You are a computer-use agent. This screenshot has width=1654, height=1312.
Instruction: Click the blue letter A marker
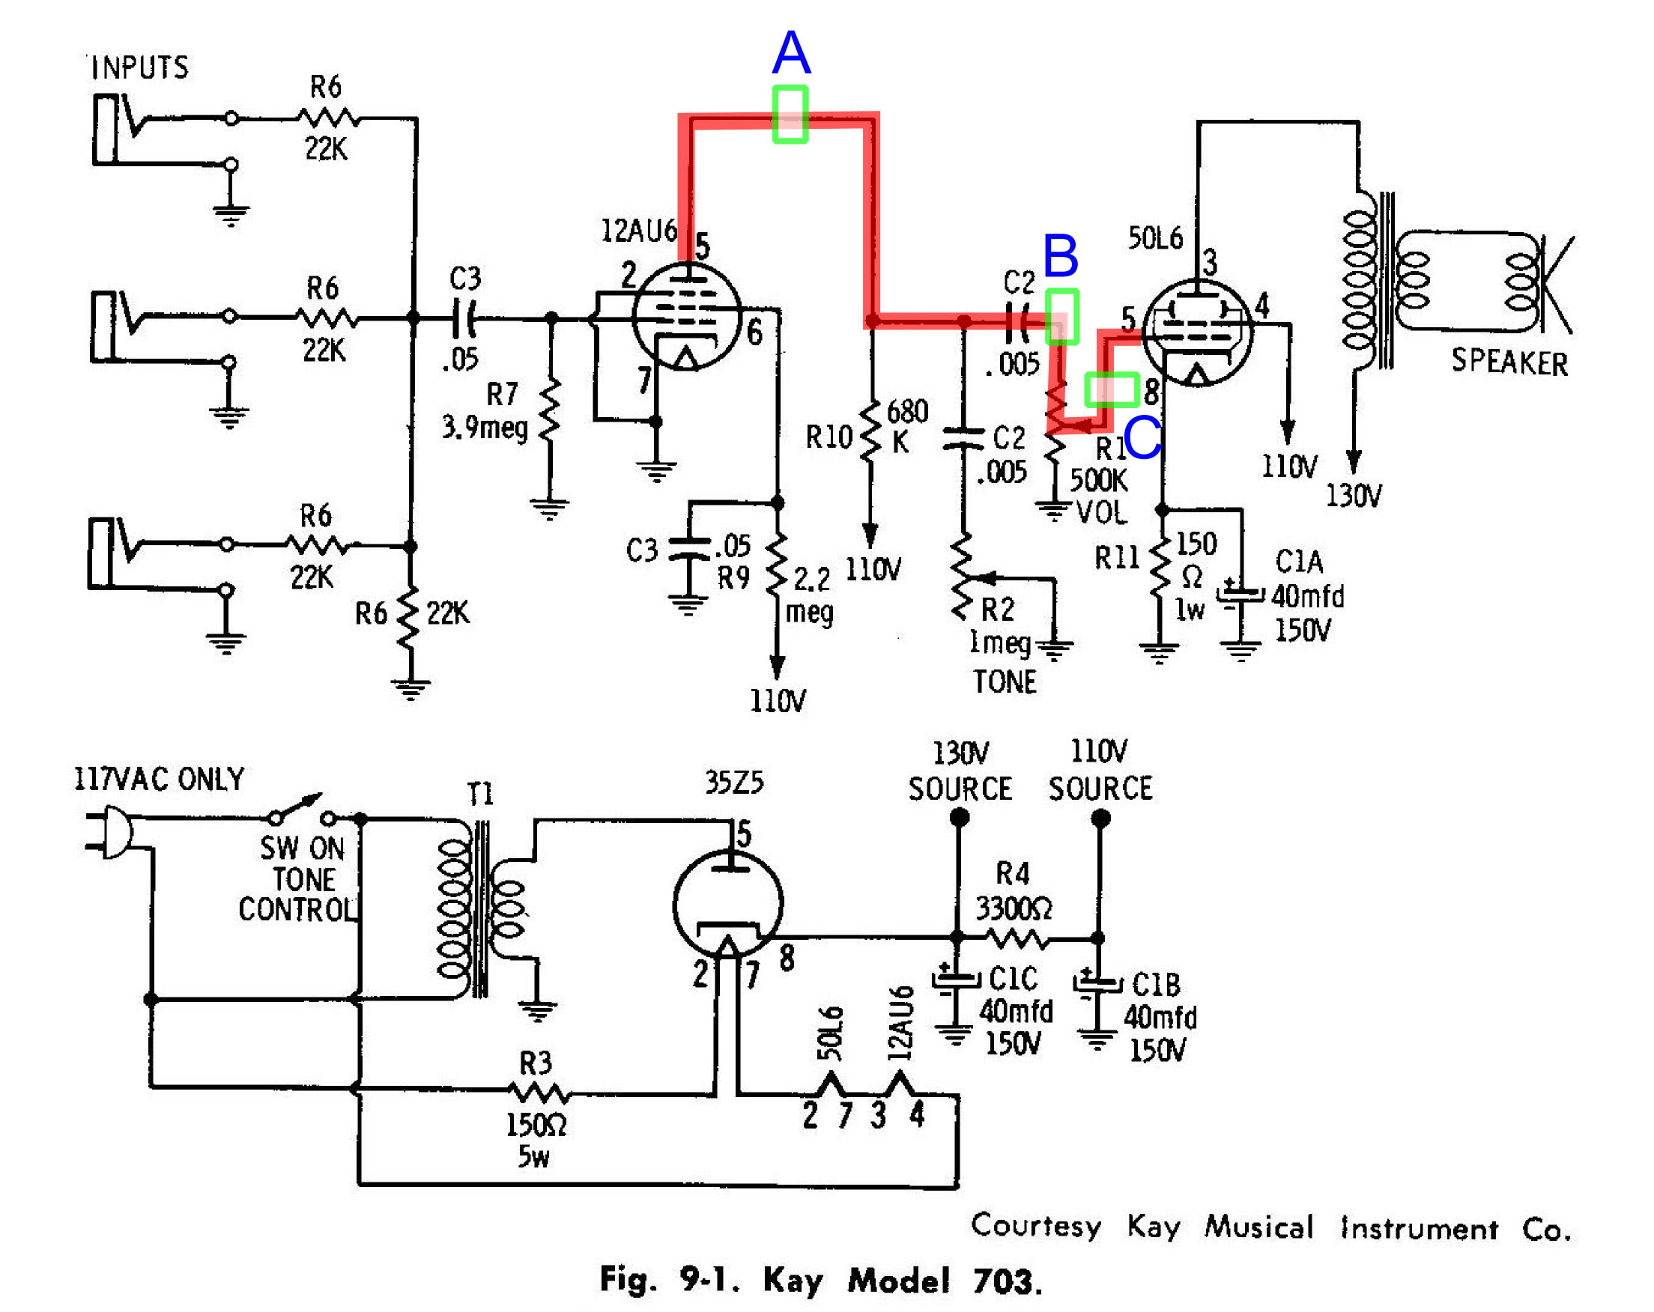[x=791, y=52]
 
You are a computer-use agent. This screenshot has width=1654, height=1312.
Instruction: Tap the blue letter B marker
[x=1060, y=255]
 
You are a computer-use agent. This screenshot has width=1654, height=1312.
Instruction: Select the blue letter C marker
[x=1142, y=438]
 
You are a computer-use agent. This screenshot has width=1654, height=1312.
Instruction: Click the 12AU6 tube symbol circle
[x=687, y=316]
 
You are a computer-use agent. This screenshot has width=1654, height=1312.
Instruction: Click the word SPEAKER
[x=1508, y=362]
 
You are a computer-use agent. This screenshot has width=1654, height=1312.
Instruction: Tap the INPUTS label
[x=139, y=67]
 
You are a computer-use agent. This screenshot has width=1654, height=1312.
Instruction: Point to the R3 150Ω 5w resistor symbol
[x=539, y=1093]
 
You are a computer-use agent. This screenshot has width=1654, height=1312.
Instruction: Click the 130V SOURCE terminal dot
[x=959, y=819]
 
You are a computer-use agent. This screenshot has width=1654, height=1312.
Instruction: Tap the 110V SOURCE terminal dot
[x=1100, y=819]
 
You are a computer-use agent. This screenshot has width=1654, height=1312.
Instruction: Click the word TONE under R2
[x=1005, y=681]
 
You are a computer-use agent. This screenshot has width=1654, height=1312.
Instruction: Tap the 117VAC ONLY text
[x=159, y=779]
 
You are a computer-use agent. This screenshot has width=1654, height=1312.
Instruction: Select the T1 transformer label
[x=480, y=793]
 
